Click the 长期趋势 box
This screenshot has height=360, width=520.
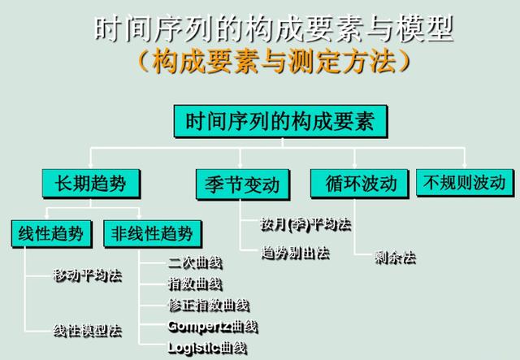pos(90,182)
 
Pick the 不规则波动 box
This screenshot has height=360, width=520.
pos(465,182)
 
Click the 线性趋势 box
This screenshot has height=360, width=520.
pos(51,233)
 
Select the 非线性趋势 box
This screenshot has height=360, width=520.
pos(153,233)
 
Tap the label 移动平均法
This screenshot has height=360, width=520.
pos(88,275)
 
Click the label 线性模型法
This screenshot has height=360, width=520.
pos(88,330)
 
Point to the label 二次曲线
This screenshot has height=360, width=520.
pos(195,262)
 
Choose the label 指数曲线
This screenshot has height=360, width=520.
pos(195,283)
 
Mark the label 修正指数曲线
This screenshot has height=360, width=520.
pos(208,305)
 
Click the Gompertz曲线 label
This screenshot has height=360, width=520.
pos(212,326)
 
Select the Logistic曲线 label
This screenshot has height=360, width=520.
pos(207,348)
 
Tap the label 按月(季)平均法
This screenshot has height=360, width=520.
pos(305,223)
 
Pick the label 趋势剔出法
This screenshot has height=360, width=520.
pos(295,252)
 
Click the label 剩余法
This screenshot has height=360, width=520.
pos(395,257)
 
